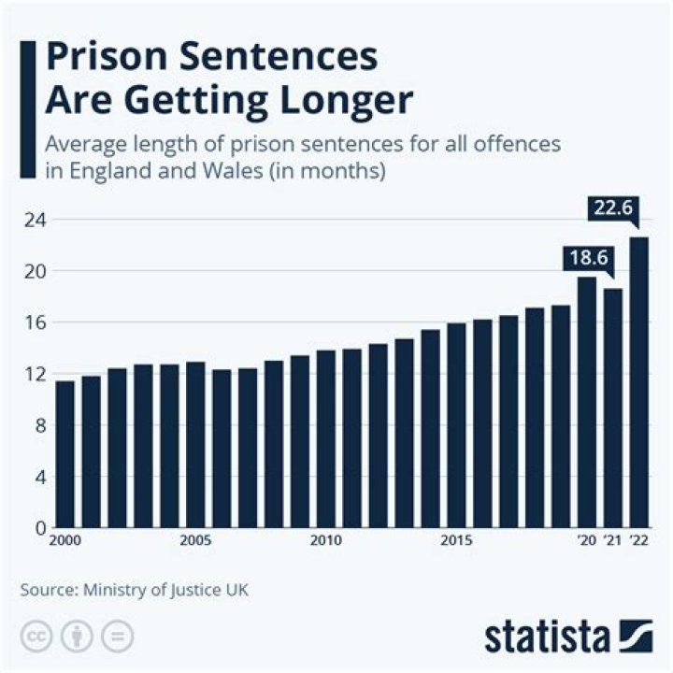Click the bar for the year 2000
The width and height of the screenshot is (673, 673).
(65, 454)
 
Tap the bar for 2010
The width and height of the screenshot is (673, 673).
(326, 439)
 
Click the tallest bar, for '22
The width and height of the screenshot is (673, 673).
(638, 382)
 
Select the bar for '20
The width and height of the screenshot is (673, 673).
(587, 402)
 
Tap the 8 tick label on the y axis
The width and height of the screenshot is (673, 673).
(39, 425)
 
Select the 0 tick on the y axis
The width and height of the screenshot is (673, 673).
(39, 528)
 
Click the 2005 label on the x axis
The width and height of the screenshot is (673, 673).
(195, 541)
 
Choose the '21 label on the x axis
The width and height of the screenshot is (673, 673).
(613, 541)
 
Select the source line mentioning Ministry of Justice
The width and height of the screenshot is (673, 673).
(134, 589)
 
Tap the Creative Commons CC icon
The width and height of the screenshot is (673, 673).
(37, 637)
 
